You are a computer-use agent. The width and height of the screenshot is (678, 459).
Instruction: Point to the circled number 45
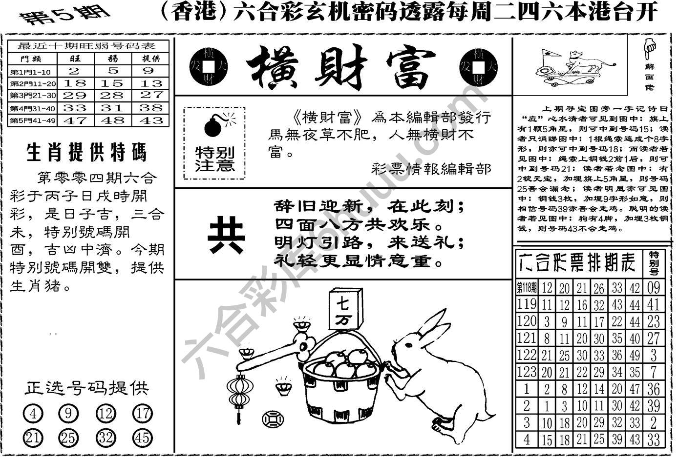point(142,438)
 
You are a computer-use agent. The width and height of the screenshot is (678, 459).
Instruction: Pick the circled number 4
point(33,415)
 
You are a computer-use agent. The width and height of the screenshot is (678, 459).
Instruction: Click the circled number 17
point(142,415)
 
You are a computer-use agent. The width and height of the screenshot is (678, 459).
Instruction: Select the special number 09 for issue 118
point(653,287)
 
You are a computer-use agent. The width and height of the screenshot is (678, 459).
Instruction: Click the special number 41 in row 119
point(653,305)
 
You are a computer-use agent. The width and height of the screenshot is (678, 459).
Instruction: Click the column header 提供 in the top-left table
point(151,59)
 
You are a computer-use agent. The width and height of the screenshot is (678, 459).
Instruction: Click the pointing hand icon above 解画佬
point(650,49)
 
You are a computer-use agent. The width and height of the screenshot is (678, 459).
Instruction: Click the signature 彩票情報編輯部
point(431,169)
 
